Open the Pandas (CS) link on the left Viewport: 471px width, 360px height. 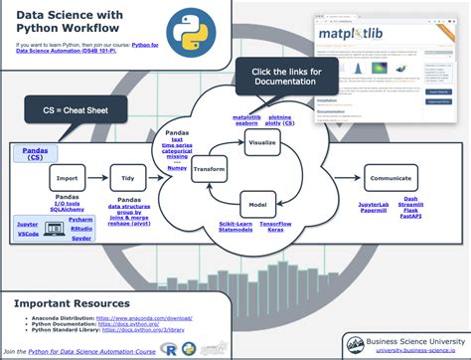pos(34,152)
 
